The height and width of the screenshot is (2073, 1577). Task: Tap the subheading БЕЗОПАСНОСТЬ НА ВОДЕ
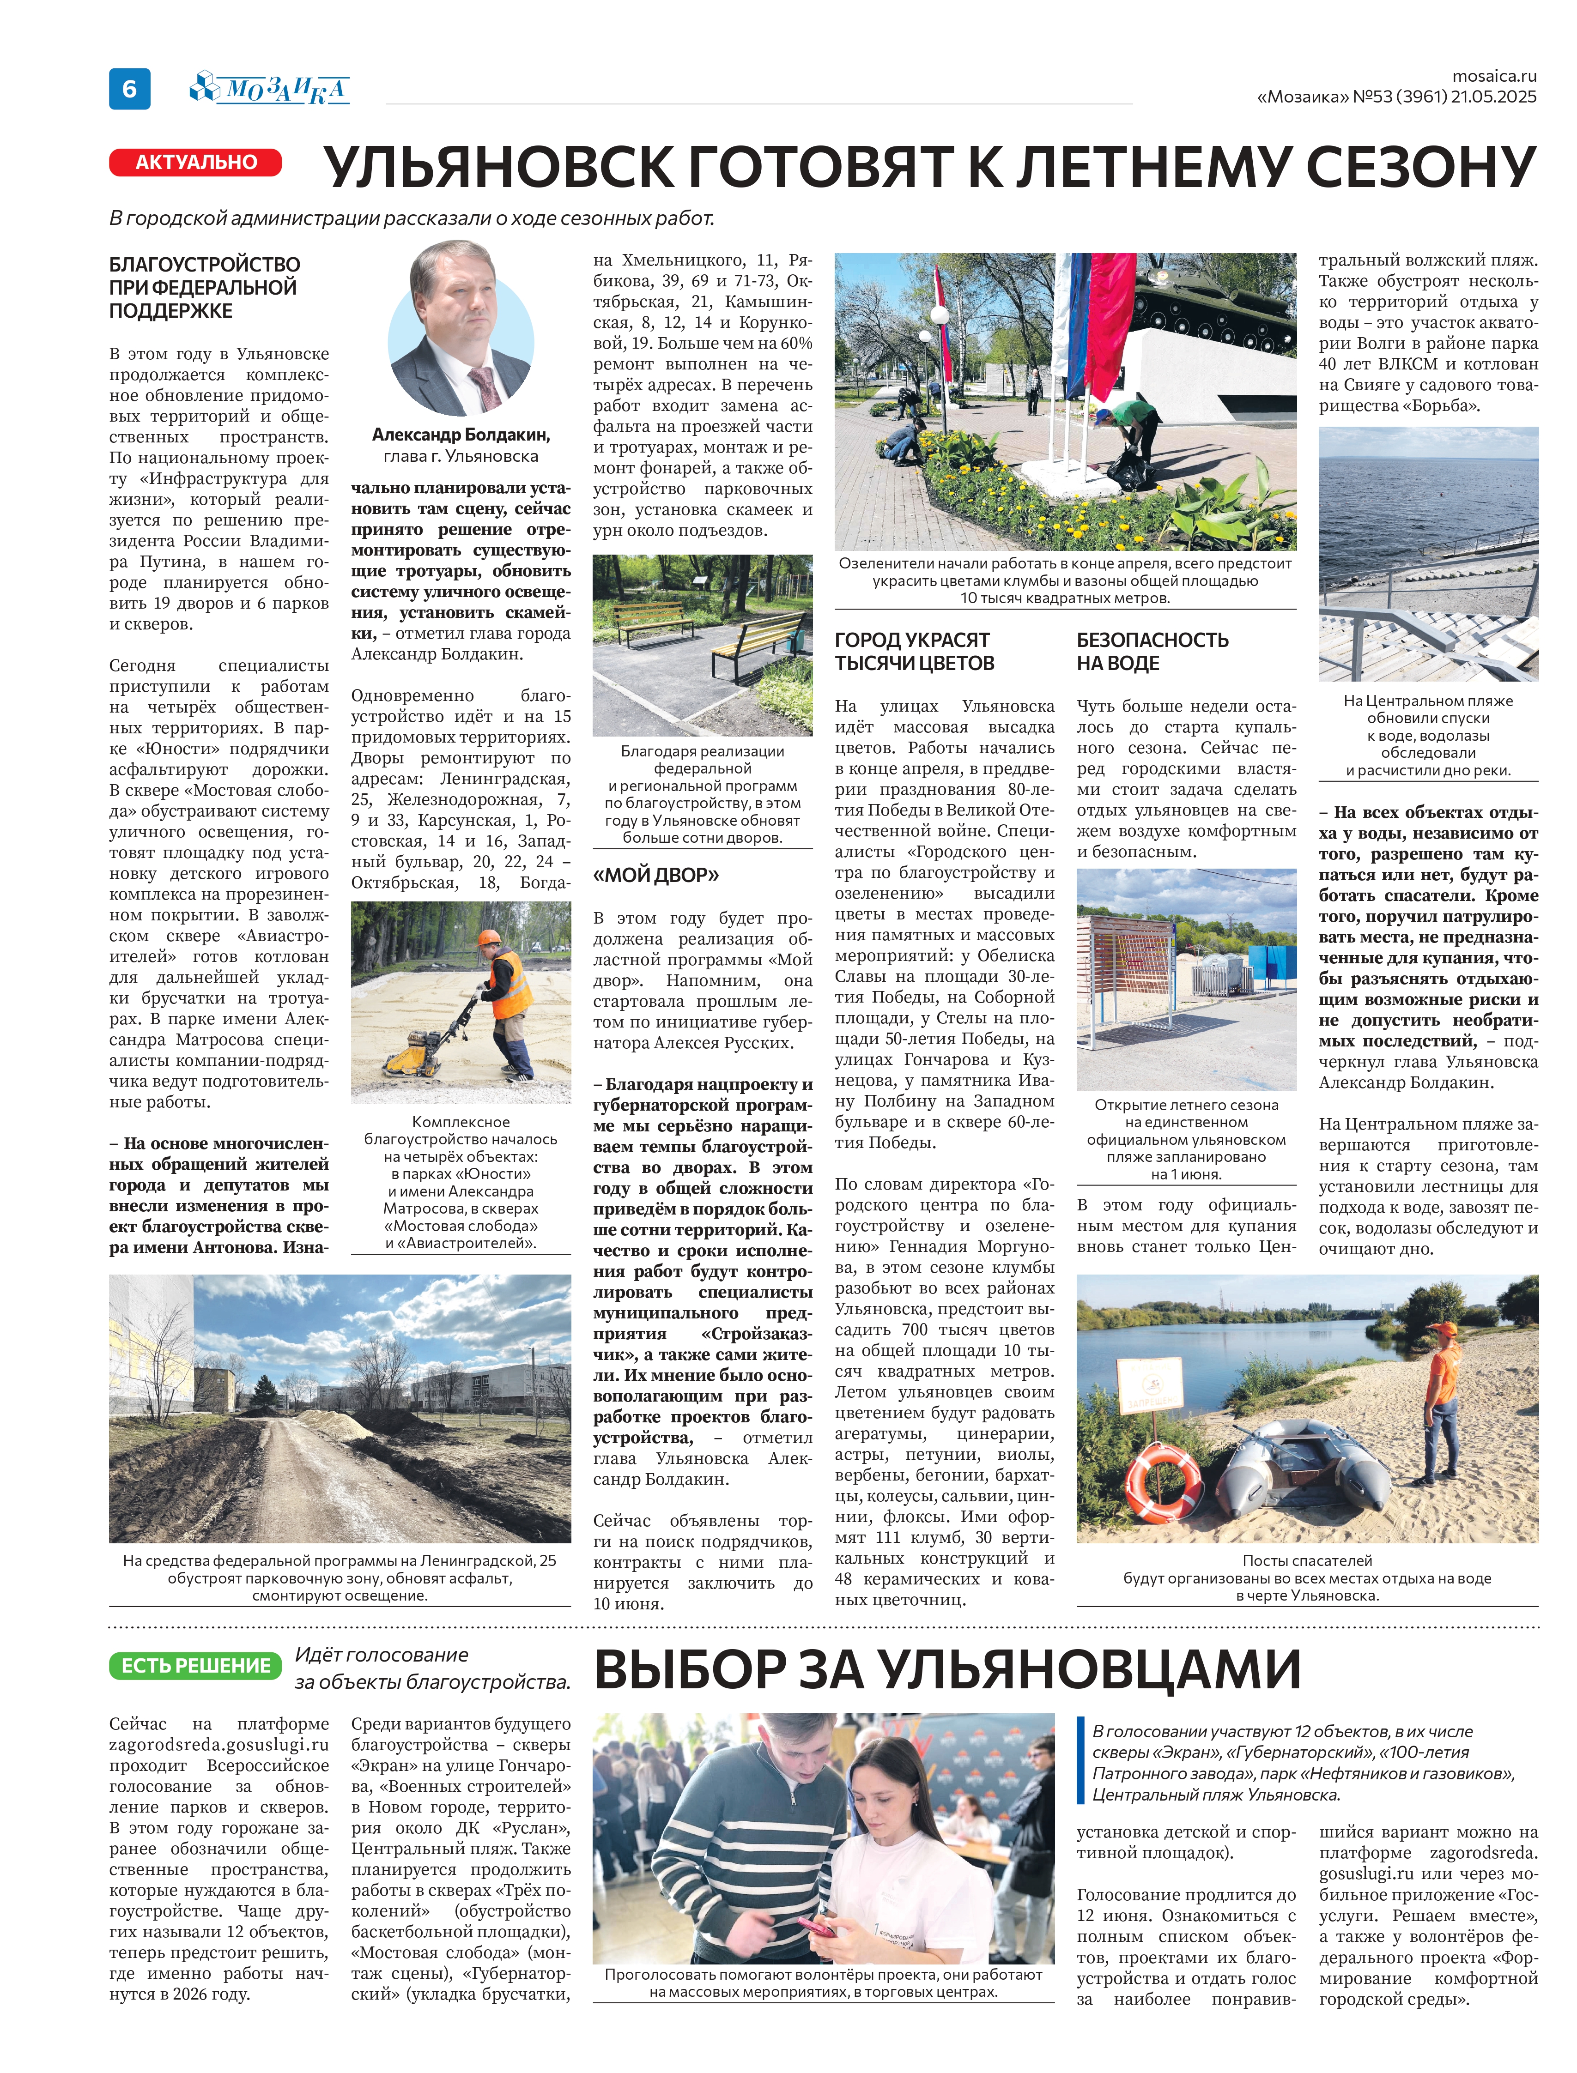coord(1152,651)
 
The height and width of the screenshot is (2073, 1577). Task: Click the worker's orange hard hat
coord(488,937)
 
